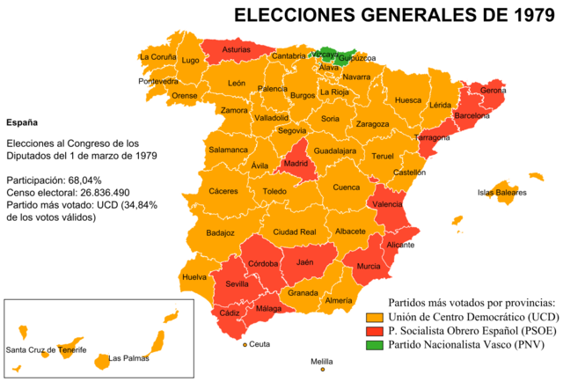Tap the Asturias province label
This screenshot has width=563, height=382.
click(236, 50)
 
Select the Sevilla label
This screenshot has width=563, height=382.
click(238, 284)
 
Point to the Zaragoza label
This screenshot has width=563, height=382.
click(373, 124)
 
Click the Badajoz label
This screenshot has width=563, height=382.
click(220, 233)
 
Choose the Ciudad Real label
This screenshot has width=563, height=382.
click(294, 231)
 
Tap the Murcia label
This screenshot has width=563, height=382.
click(369, 266)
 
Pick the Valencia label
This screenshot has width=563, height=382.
click(388, 204)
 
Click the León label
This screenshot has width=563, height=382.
click(237, 84)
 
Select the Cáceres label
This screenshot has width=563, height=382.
click(223, 191)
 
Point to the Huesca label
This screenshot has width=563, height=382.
click(408, 100)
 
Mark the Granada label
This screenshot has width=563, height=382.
click(303, 293)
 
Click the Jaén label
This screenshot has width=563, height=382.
click(304, 262)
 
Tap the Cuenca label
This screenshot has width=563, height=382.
click(346, 187)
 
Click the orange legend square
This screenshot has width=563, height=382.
click(375, 318)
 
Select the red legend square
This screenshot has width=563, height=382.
click(375, 331)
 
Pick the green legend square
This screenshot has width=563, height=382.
click(375, 344)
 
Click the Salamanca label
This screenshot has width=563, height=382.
click(228, 150)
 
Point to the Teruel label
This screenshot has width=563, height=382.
click(383, 156)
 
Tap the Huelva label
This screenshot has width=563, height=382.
click(194, 277)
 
